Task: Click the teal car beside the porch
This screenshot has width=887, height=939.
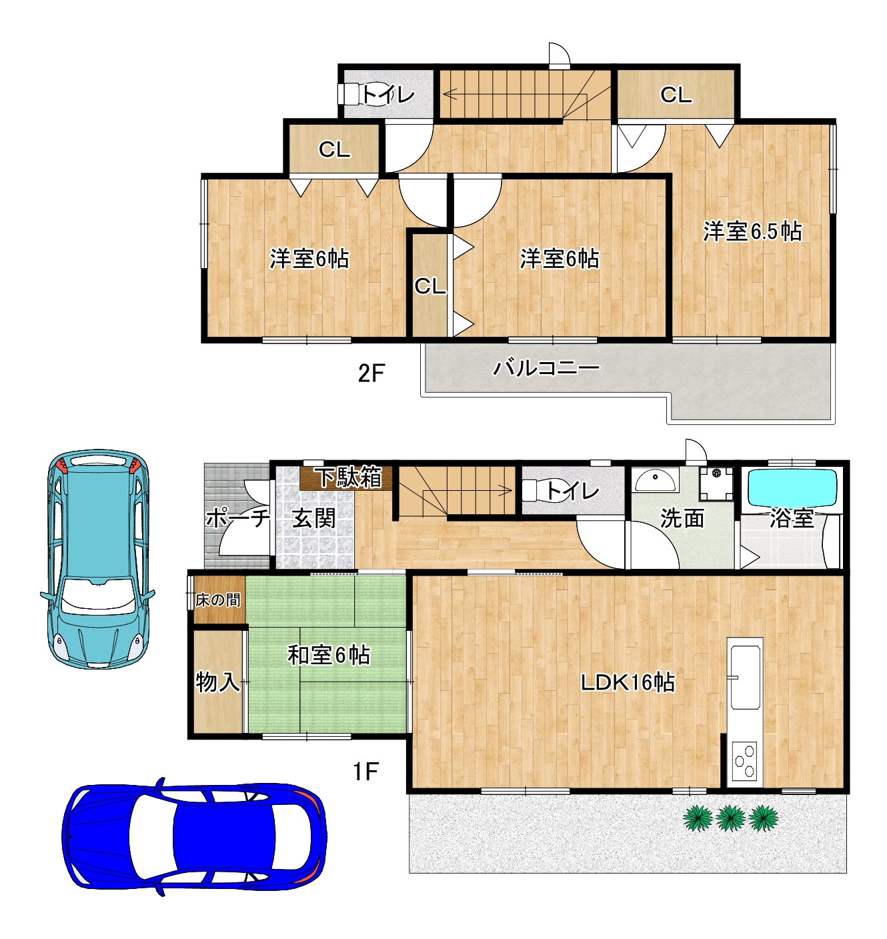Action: [x=98, y=560]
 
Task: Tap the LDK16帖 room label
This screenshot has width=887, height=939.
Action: [x=628, y=682]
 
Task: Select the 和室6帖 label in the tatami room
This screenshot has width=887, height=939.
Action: [x=329, y=656]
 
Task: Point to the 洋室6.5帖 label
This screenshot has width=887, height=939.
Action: [x=752, y=231]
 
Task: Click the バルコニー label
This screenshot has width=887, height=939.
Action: [x=546, y=367]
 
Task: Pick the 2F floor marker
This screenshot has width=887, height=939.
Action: [x=371, y=374]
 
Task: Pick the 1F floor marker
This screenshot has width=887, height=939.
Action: [x=366, y=772]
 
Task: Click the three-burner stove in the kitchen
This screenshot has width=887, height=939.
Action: [x=744, y=761]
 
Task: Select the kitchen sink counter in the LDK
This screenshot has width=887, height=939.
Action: [x=745, y=674]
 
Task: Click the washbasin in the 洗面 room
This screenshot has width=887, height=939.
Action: [x=657, y=480]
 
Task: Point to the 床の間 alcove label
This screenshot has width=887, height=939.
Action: [x=218, y=600]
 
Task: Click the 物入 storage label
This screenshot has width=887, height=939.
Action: [x=217, y=682]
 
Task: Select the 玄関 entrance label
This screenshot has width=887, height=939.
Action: [x=313, y=519]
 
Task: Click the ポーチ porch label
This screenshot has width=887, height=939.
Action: [x=238, y=518]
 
